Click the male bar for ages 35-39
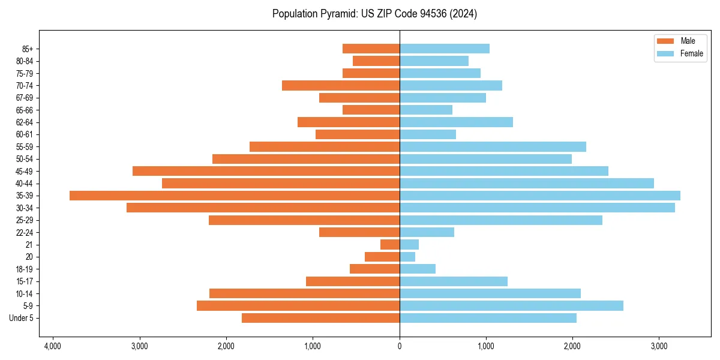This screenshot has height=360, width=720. tap(235, 196)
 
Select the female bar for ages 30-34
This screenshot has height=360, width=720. tap(537, 208)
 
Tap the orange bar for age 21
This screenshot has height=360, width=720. tap(390, 244)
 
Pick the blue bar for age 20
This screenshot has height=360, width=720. tap(407, 257)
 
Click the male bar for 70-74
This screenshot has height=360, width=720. tap(341, 85)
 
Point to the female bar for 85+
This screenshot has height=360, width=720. tap(445, 49)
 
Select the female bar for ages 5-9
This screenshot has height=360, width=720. tap(511, 305)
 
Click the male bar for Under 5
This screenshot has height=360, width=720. tap(320, 318)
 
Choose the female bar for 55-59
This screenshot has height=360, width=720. tap(493, 146)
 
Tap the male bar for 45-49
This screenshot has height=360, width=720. tap(266, 171)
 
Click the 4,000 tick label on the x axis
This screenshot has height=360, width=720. tap(53, 347)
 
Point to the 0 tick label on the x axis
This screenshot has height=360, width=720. tap(400, 347)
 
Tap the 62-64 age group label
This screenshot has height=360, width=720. tap(25, 122)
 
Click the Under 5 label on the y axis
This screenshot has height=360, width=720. tap(22, 318)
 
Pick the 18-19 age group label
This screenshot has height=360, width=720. tap(25, 269)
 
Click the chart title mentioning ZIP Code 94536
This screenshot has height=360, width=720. tap(374, 14)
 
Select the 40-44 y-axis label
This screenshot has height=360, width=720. tap(25, 184)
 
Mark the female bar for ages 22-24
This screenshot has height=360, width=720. tap(427, 232)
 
